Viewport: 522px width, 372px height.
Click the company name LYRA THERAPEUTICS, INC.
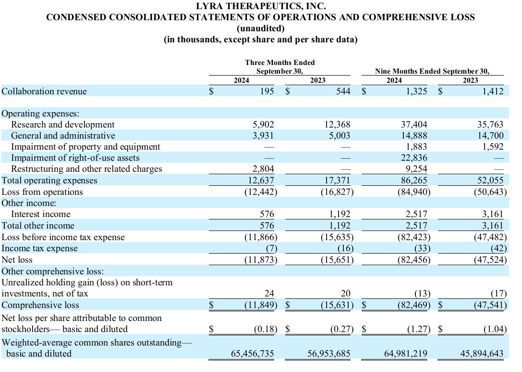261,6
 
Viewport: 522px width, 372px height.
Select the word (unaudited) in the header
261,28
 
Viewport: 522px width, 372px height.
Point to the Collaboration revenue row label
44,91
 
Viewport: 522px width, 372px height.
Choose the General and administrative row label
63,136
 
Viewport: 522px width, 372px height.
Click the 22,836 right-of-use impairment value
413,158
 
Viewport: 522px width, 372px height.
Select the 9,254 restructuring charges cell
416,169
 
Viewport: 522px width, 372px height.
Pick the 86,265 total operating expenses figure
413,180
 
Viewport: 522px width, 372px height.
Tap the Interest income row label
41,214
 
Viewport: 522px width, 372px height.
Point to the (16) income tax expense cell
345,248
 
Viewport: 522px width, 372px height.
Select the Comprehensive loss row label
40,305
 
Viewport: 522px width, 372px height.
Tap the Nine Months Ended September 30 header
432,71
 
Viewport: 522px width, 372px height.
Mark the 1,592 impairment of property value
493,147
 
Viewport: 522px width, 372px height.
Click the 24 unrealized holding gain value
269,294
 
